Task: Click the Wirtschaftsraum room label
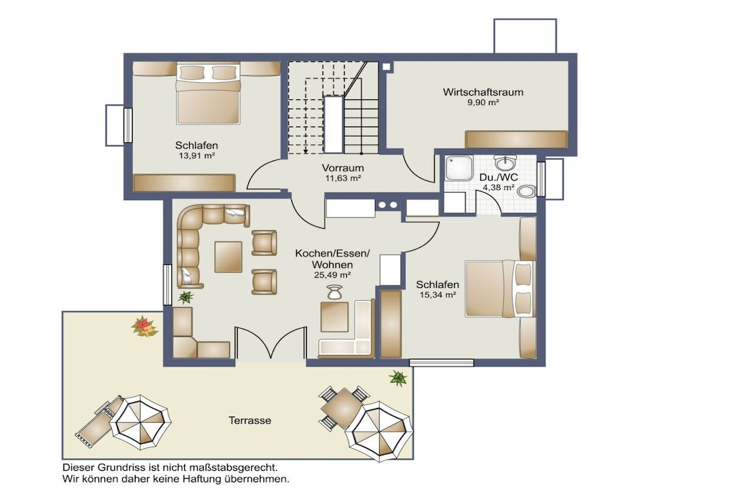point(483,92)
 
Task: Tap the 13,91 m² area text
point(197,156)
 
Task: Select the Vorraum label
point(343,168)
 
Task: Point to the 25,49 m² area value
point(333,275)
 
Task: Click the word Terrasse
point(250,420)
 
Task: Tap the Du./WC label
point(498,177)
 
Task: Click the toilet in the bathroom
point(526,191)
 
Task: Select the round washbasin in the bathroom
point(505,164)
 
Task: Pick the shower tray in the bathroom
point(459,168)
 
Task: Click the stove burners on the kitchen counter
point(388,205)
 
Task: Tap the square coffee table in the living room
point(228,257)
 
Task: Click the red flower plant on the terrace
point(144,326)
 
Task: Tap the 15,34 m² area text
point(438,294)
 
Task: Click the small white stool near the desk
point(334,292)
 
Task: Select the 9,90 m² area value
point(483,102)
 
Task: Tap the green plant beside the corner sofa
point(186,297)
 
